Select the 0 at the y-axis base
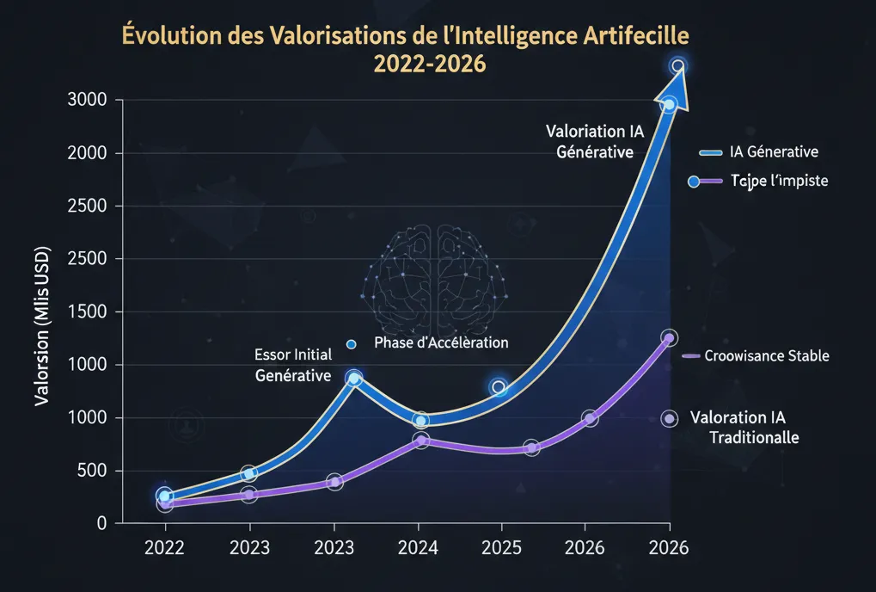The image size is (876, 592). tap(101, 523)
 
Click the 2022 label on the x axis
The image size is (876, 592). tap(164, 547)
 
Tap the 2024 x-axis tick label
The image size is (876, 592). tap(418, 547)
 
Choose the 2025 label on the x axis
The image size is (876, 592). tap(501, 547)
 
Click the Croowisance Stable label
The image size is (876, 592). tap(766, 355)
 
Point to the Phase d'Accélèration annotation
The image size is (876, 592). tap(441, 342)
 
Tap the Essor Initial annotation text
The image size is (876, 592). tap(293, 355)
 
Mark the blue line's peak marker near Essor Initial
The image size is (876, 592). tap(353, 379)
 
